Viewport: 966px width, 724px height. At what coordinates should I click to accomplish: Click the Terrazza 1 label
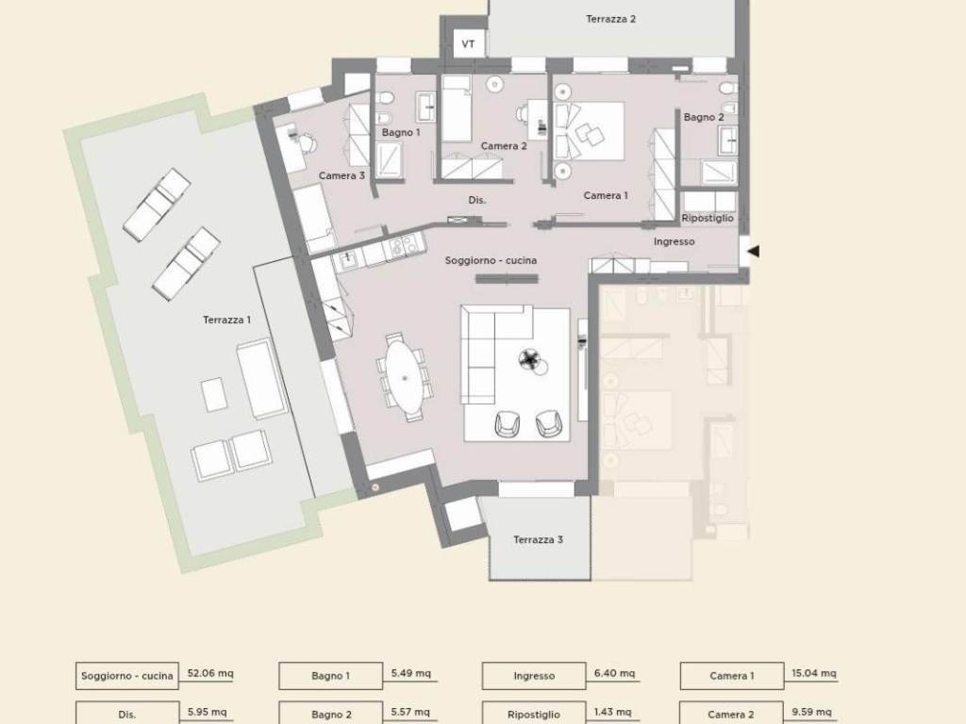click(226, 320)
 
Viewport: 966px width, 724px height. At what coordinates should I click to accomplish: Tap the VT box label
click(468, 44)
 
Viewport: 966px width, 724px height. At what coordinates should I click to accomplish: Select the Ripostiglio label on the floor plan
click(708, 218)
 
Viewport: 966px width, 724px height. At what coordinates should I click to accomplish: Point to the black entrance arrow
click(753, 251)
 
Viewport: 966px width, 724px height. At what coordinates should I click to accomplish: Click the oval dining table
click(405, 377)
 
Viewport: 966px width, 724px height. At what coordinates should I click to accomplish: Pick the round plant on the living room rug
click(529, 359)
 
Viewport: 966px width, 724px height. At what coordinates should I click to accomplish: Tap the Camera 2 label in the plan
click(504, 146)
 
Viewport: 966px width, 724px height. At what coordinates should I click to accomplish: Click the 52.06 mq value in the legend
click(210, 673)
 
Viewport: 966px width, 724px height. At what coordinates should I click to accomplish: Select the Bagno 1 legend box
click(330, 676)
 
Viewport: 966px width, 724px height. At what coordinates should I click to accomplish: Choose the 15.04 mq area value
click(814, 673)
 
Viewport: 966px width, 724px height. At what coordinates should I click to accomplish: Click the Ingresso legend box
click(534, 676)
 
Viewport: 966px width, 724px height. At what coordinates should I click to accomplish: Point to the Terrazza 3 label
click(538, 539)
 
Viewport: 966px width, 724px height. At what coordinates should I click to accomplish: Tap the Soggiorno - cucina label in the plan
click(491, 260)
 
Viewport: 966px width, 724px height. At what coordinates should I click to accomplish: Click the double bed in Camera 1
click(590, 131)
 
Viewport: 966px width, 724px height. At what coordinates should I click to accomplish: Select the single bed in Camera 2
click(457, 108)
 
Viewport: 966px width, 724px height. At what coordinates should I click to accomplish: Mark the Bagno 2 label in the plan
click(704, 117)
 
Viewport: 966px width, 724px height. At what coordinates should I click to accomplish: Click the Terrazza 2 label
click(610, 19)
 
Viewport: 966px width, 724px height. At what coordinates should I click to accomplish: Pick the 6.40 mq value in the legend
click(614, 673)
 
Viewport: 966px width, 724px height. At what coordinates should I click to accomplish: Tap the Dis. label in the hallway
click(476, 200)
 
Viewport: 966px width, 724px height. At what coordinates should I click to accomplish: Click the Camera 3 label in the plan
click(341, 175)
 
